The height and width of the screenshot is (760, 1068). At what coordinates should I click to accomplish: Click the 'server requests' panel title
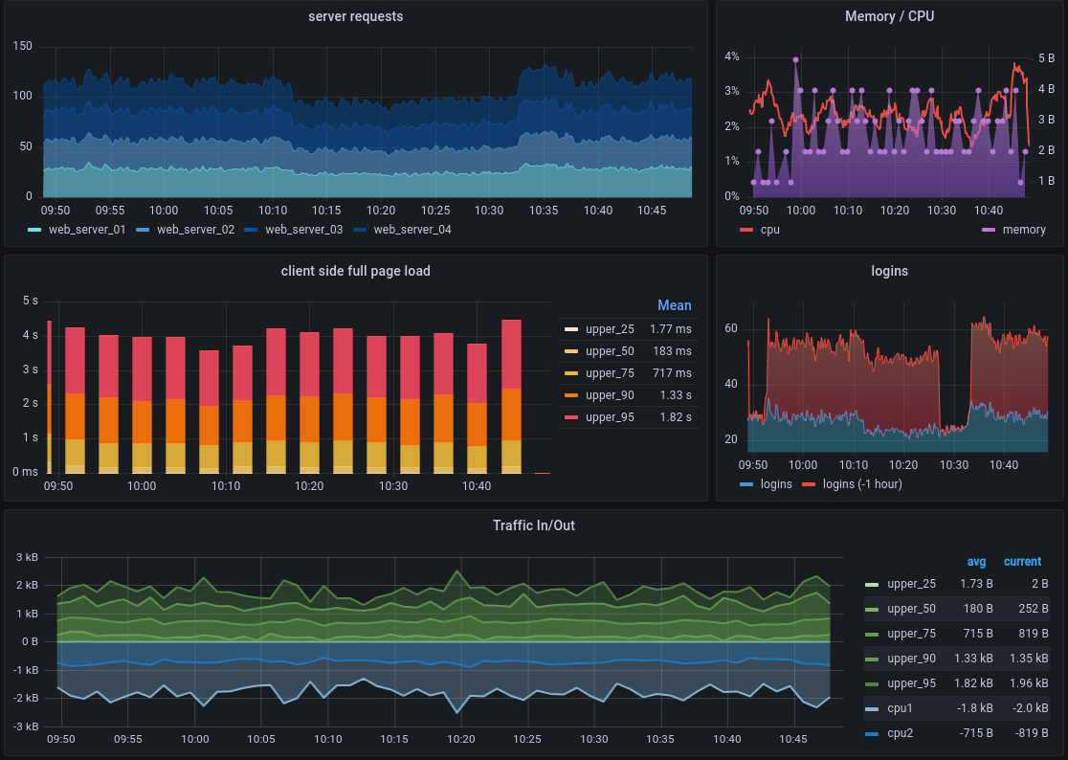click(x=355, y=16)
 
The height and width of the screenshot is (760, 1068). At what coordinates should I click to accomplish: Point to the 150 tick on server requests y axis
click(x=23, y=47)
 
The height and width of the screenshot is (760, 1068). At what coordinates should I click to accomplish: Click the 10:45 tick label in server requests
click(x=652, y=211)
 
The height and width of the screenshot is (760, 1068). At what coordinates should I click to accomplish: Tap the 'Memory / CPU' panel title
click(x=889, y=16)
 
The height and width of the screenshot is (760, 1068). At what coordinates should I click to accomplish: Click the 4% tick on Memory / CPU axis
click(x=731, y=57)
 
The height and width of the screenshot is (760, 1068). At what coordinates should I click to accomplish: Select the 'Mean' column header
click(x=674, y=305)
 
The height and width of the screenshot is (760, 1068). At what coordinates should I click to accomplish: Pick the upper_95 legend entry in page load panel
click(x=610, y=417)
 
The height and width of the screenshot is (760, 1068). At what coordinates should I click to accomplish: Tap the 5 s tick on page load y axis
click(x=30, y=302)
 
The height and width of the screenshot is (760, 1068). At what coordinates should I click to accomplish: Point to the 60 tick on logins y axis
click(x=731, y=328)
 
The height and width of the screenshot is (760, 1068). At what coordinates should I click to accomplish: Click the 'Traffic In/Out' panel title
click(x=533, y=525)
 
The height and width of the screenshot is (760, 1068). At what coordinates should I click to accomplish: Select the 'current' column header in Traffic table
click(x=1022, y=562)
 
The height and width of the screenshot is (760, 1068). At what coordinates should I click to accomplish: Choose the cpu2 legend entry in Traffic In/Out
click(x=900, y=733)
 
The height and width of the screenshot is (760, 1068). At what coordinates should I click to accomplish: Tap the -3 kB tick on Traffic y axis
click(x=25, y=726)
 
